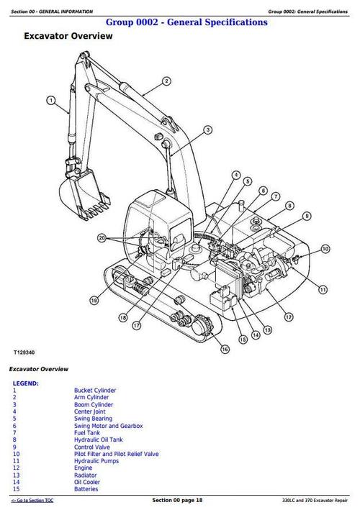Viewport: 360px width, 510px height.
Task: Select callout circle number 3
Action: click(x=208, y=130)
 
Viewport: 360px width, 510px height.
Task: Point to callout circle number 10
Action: click(x=325, y=249)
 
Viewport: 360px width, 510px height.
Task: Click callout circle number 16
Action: click(x=225, y=349)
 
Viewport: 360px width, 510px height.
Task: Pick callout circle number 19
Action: click(x=94, y=300)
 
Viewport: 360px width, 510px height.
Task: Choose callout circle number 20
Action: click(x=102, y=237)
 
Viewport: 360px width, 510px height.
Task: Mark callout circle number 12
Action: click(x=288, y=316)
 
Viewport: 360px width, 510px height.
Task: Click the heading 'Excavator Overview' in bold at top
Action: click(x=68, y=35)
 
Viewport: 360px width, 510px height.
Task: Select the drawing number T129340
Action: click(x=24, y=353)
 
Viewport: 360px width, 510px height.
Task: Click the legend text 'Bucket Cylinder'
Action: click(x=95, y=390)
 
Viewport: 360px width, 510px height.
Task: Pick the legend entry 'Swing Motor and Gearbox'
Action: click(x=108, y=426)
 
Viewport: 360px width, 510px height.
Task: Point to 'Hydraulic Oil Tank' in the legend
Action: click(x=99, y=440)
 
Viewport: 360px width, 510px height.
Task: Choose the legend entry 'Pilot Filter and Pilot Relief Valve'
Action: click(x=116, y=454)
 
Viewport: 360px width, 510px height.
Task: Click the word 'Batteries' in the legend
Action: click(x=86, y=489)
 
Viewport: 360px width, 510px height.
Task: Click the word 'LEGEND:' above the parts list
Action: click(x=26, y=383)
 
